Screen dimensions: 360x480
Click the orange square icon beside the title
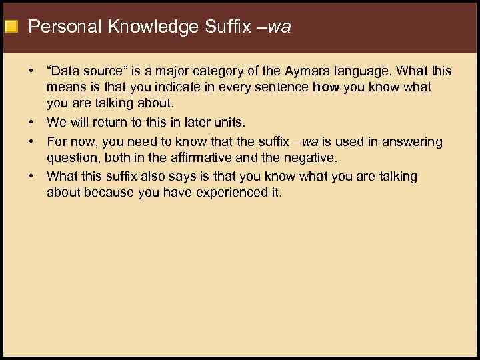pyautogui.click(x=10, y=27)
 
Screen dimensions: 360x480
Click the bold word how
pyautogui.click(x=326, y=87)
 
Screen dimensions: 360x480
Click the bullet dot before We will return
pyautogui.click(x=32, y=122)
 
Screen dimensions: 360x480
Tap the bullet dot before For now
pyautogui.click(x=32, y=141)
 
